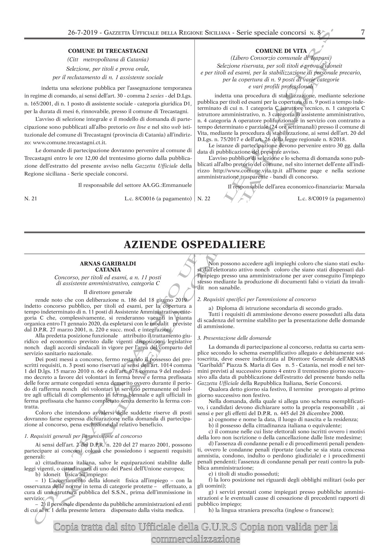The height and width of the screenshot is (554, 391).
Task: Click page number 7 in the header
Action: [362, 32]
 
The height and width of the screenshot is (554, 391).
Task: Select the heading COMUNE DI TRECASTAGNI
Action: [108, 51]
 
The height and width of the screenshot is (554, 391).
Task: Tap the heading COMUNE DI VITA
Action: [281, 51]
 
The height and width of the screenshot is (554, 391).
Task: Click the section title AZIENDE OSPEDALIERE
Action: [194, 244]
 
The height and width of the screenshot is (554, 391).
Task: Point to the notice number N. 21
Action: [31, 199]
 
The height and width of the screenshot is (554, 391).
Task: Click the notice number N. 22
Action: [204, 199]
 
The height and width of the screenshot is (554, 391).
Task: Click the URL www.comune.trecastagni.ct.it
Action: [69, 142]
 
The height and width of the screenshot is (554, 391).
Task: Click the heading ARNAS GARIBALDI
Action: [108, 263]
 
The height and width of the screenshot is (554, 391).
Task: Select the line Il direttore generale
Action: [108, 292]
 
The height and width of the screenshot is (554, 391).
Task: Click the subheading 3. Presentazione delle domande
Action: [234, 338]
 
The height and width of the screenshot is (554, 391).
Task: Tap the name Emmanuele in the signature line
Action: [178, 185]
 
